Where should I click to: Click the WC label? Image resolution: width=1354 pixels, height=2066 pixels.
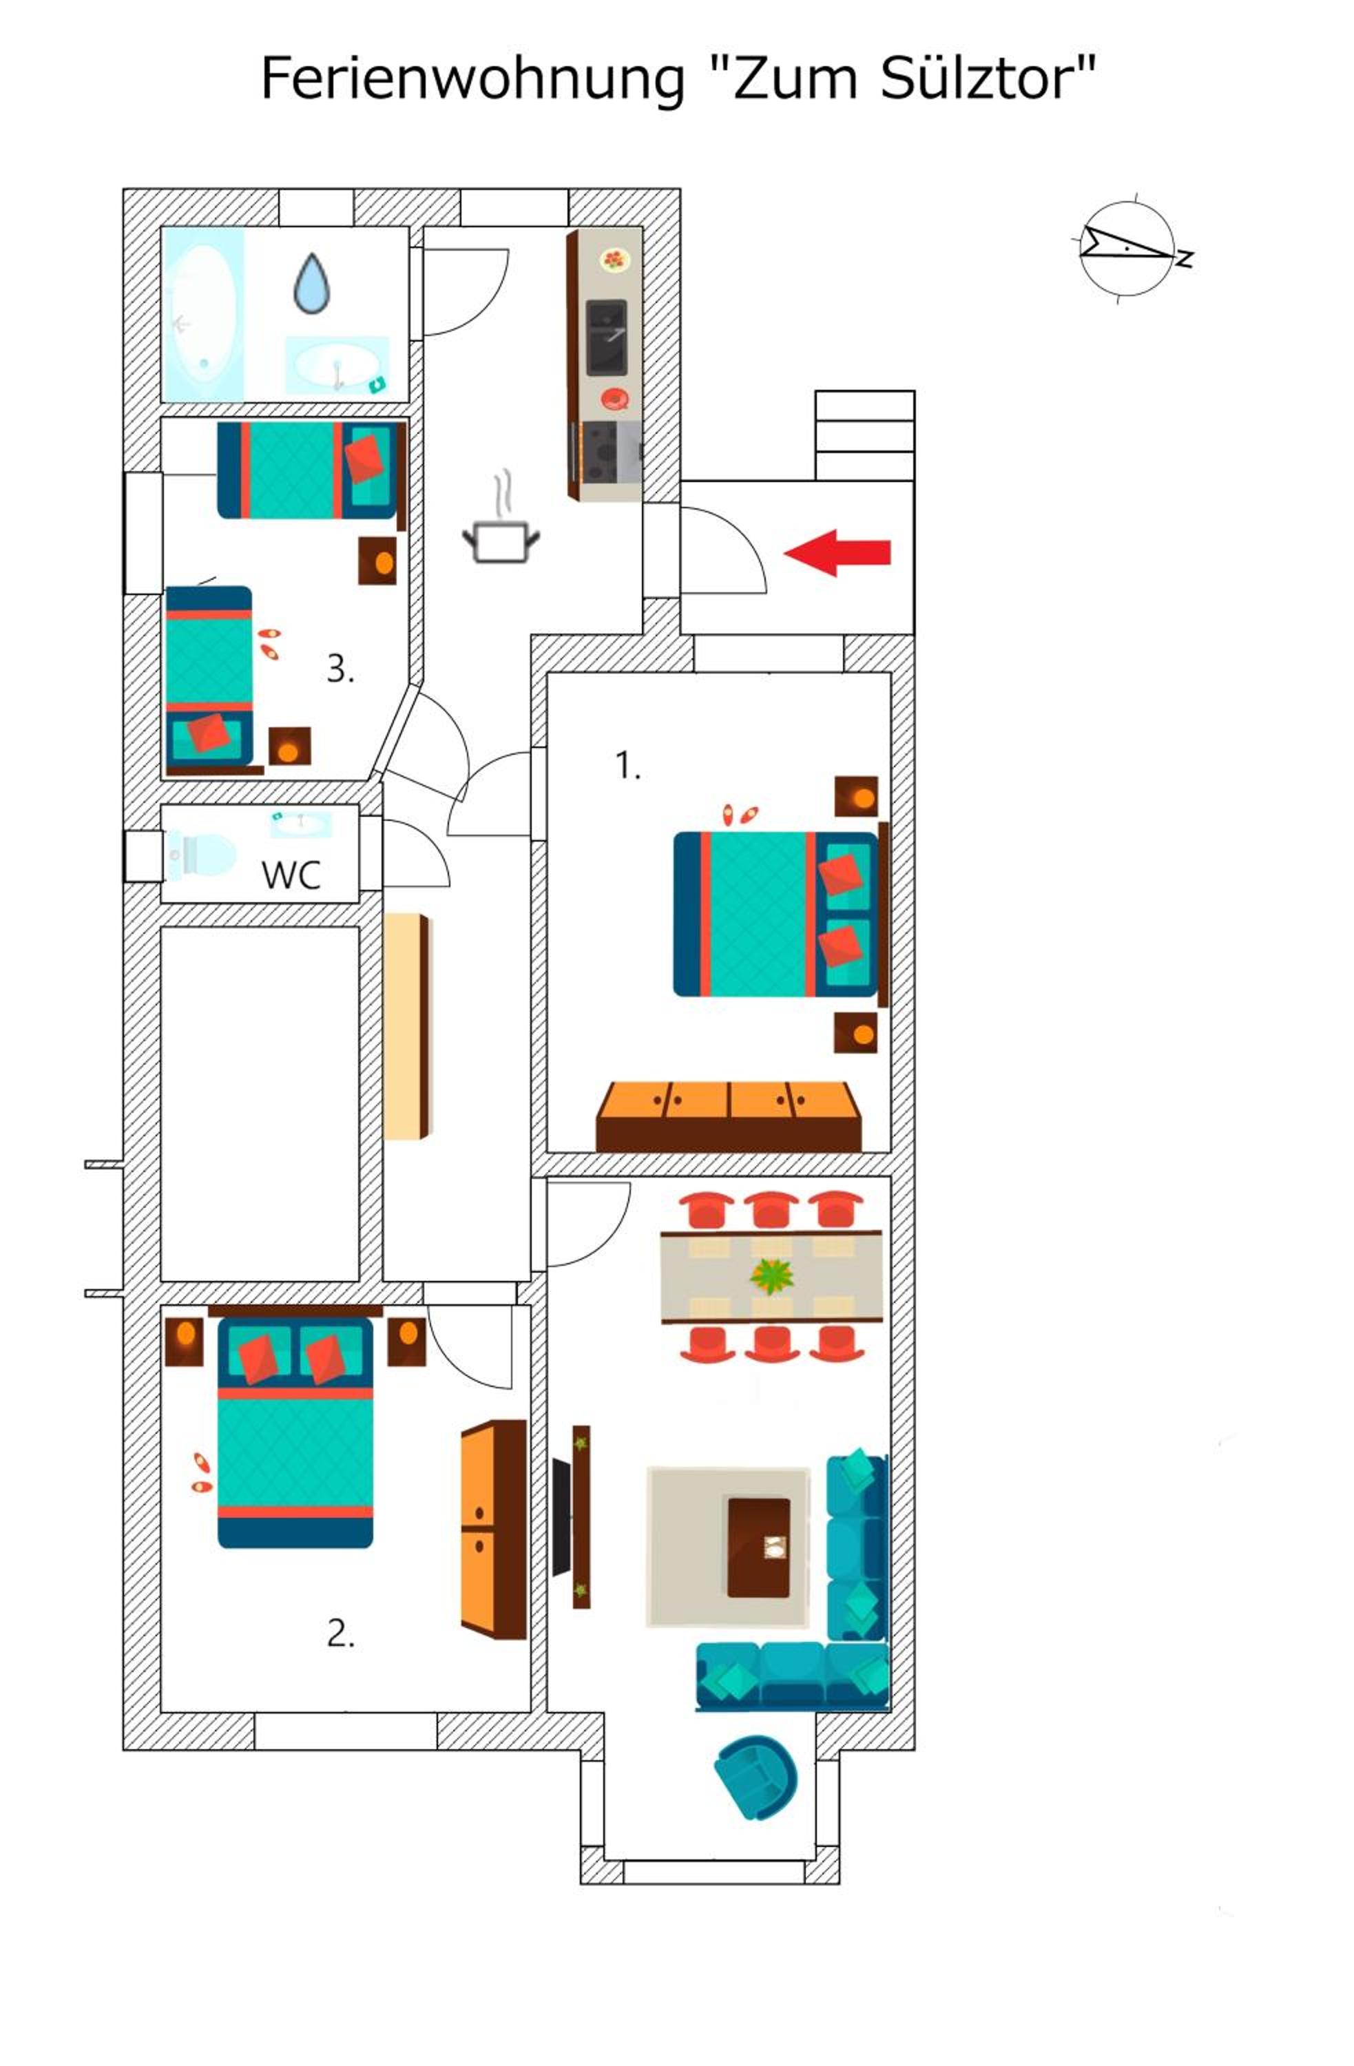coord(291,875)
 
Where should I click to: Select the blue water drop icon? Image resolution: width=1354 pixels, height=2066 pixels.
coord(311,283)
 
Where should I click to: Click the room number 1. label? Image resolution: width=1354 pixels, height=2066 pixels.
coord(627,766)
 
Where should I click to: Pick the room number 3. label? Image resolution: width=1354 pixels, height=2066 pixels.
coord(340,669)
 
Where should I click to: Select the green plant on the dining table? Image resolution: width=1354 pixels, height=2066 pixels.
coord(771,1276)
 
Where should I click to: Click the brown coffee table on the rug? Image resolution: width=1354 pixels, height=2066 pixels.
coord(758,1547)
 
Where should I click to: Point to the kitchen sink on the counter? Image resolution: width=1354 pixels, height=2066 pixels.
coord(606,337)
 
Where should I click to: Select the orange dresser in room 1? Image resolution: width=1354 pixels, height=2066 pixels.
coord(728,1116)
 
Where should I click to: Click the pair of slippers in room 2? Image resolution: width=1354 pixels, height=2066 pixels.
coord(201,1473)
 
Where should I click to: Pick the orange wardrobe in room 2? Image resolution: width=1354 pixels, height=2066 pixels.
coord(493,1530)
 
